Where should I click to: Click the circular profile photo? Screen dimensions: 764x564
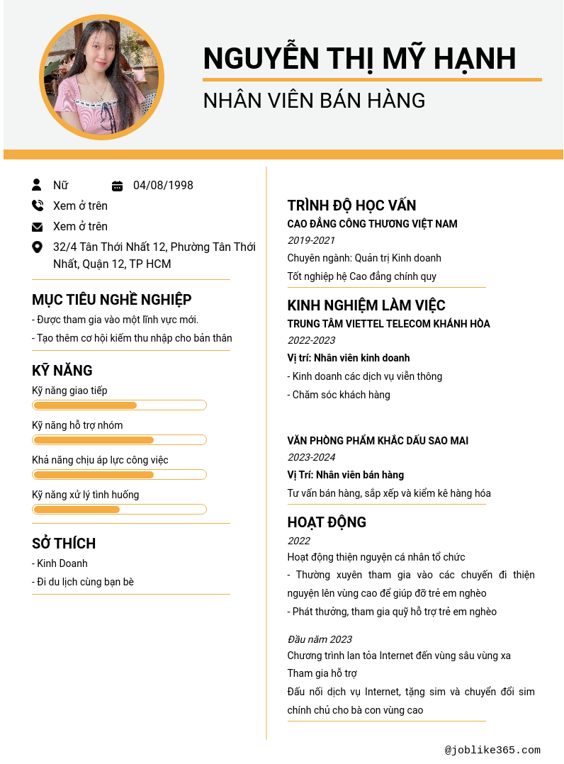click(x=102, y=77)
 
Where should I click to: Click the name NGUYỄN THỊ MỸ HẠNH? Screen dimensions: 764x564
click(x=359, y=58)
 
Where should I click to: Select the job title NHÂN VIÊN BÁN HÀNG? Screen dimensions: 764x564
click(x=314, y=101)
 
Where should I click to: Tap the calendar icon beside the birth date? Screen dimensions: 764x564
click(x=118, y=186)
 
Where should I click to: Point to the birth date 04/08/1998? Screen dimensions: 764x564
click(x=163, y=186)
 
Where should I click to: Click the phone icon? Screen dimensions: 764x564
click(x=38, y=206)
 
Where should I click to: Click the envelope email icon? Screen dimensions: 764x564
click(x=38, y=227)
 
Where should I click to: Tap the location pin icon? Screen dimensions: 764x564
click(x=38, y=247)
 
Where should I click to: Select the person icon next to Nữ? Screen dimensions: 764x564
click(x=37, y=185)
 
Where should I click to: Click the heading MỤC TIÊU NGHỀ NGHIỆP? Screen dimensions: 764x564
click(x=112, y=300)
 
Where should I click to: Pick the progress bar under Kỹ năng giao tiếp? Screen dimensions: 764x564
click(x=119, y=405)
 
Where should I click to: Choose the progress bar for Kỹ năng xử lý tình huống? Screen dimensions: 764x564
click(x=119, y=510)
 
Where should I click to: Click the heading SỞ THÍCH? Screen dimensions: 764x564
click(x=64, y=544)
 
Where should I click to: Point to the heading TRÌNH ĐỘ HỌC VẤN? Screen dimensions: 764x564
click(x=351, y=206)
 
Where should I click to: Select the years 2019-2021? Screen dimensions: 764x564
click(x=311, y=241)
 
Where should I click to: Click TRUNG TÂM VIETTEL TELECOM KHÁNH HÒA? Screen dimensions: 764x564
click(x=388, y=324)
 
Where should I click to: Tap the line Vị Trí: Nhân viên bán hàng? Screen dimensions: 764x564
click(x=345, y=475)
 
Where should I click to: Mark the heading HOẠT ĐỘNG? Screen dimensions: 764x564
click(x=327, y=522)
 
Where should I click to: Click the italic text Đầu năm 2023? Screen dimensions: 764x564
click(x=320, y=639)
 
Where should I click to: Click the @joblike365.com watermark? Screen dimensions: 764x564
click(x=492, y=750)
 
